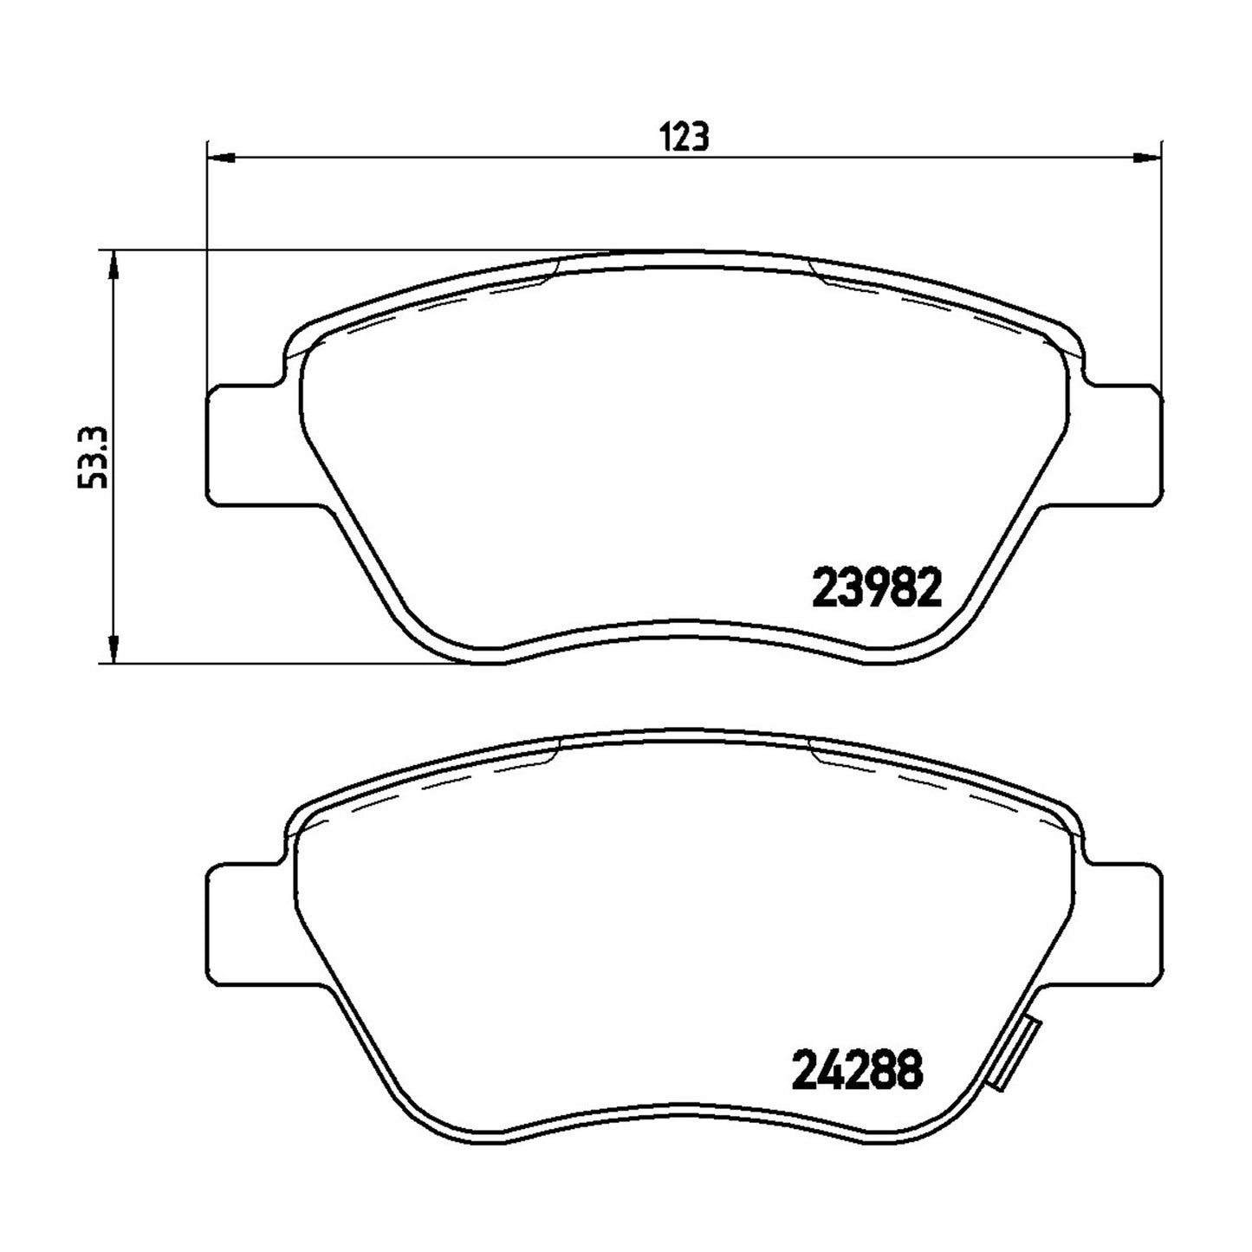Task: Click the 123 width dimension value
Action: click(684, 136)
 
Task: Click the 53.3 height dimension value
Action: click(93, 457)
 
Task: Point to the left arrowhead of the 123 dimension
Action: click(220, 157)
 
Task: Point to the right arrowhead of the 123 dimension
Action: click(1147, 157)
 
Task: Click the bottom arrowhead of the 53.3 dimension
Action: click(114, 650)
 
